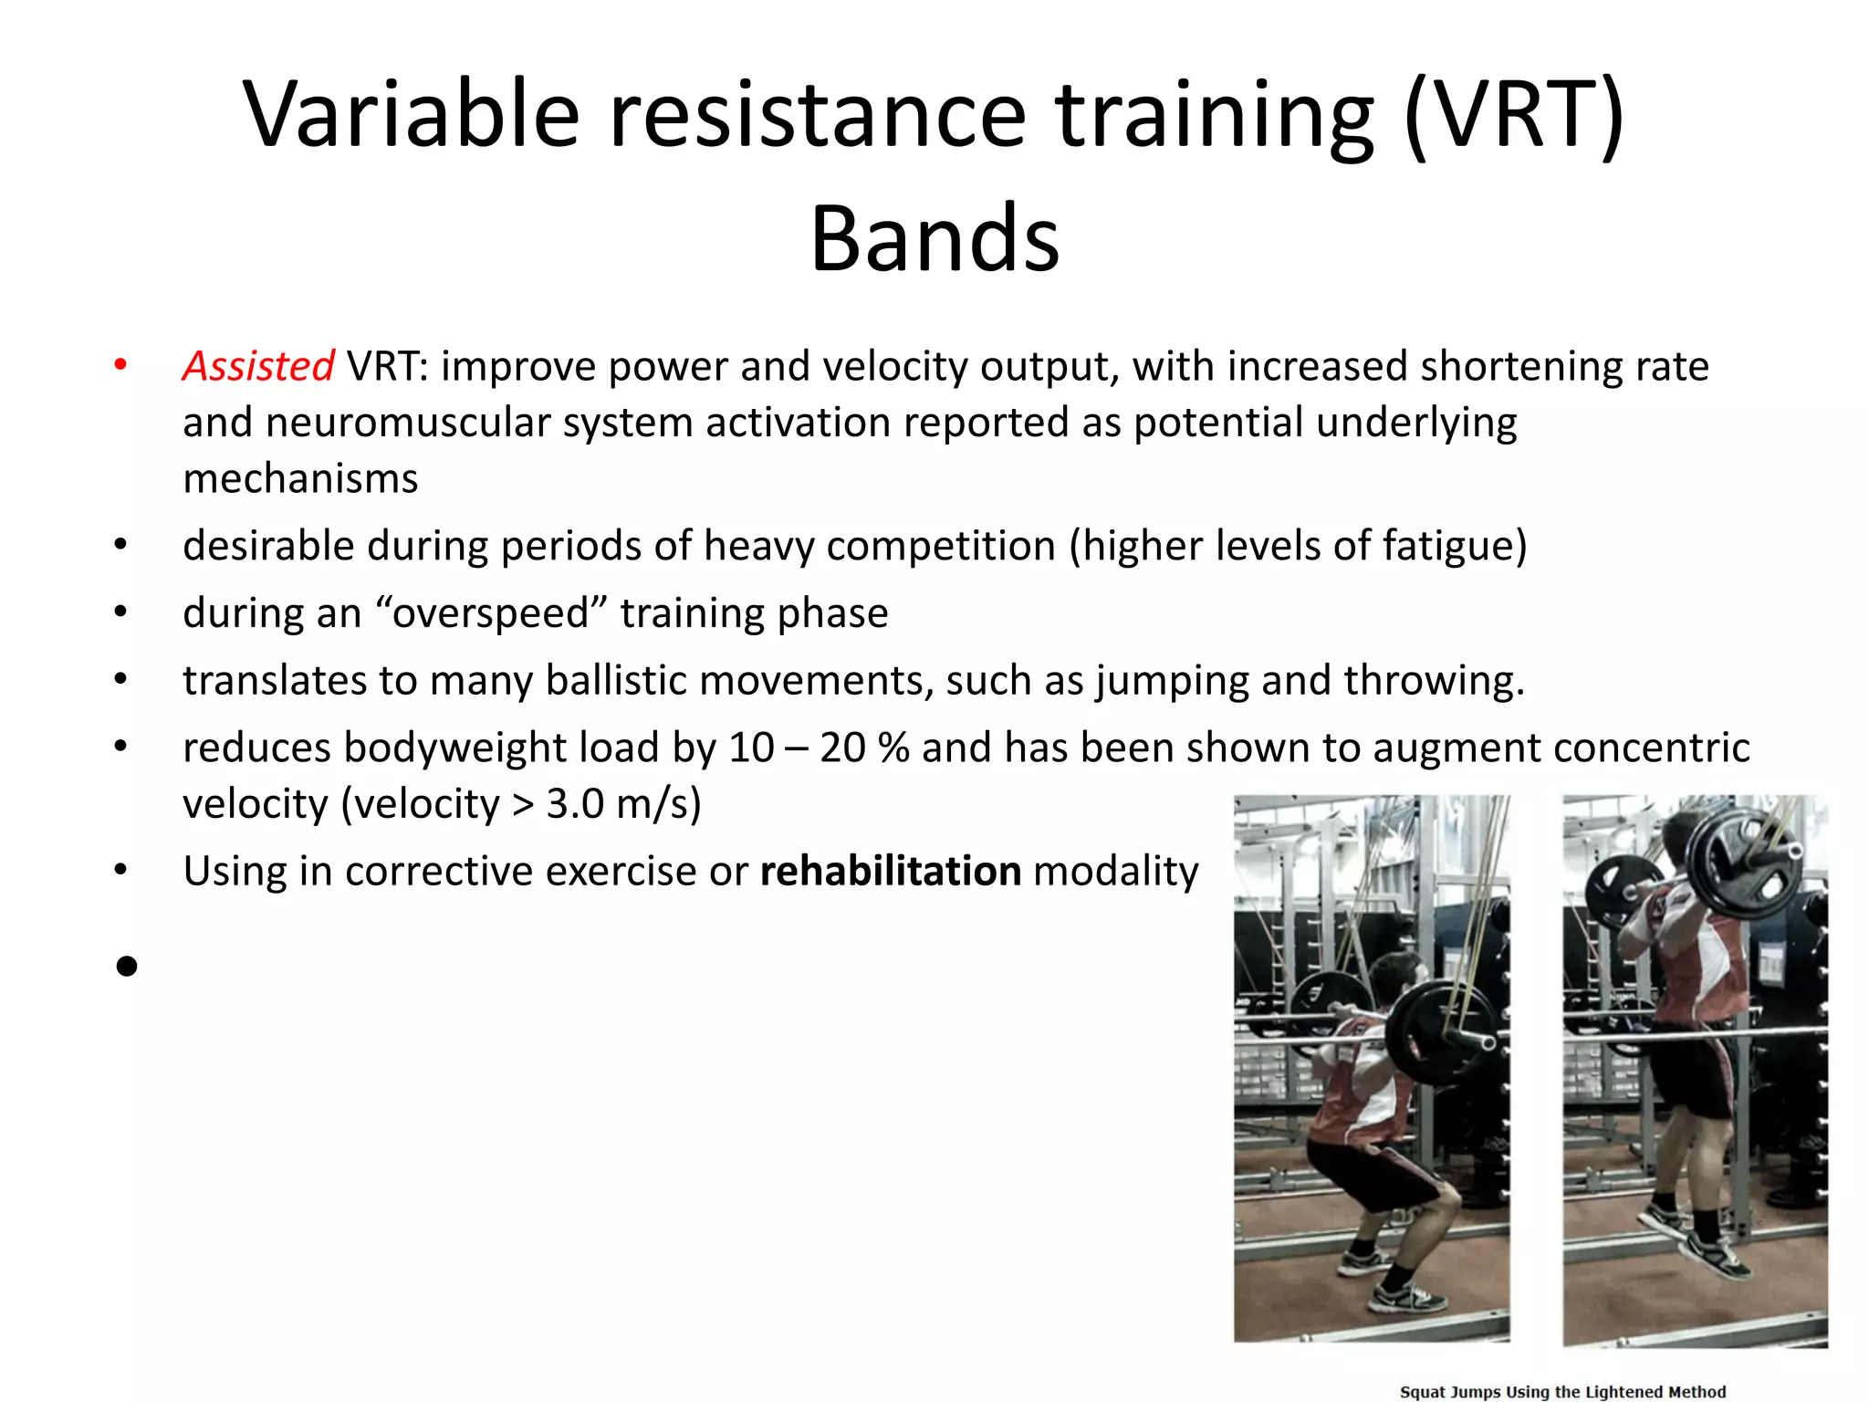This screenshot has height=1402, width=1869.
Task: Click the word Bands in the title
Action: tap(934, 239)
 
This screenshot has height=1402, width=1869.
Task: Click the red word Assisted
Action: tap(258, 366)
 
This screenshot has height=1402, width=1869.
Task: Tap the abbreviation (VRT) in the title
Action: tap(1514, 115)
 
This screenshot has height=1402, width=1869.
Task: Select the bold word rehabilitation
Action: tap(890, 871)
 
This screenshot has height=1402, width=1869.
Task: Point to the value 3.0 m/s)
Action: tap(623, 804)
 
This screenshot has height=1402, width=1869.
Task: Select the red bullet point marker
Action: tap(120, 366)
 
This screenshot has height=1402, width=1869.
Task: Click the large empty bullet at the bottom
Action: tap(127, 966)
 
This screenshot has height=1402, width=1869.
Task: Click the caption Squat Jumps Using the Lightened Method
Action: tap(1562, 1391)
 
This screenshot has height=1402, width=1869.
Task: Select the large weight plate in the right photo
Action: tap(1741, 863)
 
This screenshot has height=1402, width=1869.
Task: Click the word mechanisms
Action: tap(300, 479)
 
